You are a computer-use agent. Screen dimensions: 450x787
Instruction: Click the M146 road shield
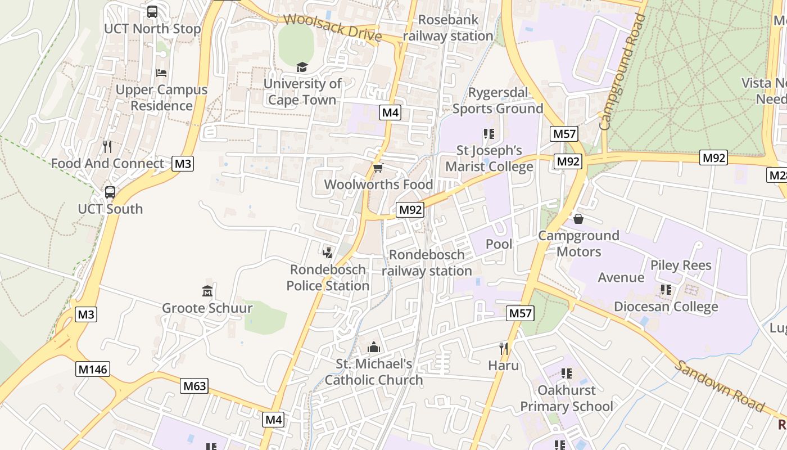[93, 369]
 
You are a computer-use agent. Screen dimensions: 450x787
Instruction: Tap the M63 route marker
[195, 386]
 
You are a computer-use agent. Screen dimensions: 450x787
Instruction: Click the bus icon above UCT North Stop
[152, 12]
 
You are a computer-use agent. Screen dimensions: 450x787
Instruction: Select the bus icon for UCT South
[110, 192]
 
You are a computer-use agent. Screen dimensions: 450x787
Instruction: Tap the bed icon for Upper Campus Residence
[161, 73]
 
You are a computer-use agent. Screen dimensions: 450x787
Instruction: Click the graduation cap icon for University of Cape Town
[302, 67]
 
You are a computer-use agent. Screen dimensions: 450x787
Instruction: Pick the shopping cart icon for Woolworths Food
[378, 168]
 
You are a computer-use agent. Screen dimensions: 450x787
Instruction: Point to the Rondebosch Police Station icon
[328, 253]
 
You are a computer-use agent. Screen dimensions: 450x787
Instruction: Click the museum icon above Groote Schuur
[207, 291]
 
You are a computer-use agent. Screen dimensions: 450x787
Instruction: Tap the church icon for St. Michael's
[374, 347]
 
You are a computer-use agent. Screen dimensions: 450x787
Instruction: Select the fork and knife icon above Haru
[504, 349]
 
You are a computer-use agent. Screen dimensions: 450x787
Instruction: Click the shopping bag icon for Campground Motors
[578, 219]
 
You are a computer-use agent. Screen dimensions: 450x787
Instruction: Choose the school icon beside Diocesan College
[666, 290]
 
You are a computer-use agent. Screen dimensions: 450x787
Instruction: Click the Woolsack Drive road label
[332, 28]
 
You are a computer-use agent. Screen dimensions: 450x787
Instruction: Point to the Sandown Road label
[720, 386]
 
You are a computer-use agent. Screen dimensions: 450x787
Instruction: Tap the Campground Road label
[622, 73]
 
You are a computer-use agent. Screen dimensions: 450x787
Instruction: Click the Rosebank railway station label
[448, 28]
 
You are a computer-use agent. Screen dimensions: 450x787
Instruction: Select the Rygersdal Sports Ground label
[498, 101]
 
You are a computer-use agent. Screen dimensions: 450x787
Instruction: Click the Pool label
[499, 244]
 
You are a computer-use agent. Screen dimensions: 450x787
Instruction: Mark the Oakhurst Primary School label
[567, 398]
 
